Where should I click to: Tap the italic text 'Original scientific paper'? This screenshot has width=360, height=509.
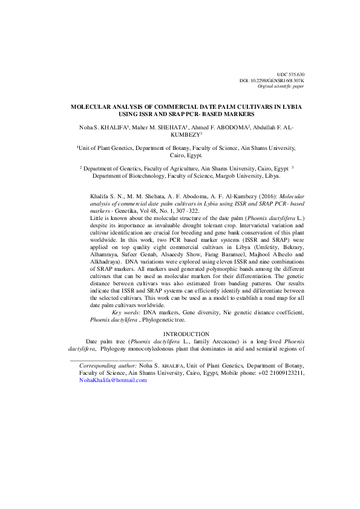281,86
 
